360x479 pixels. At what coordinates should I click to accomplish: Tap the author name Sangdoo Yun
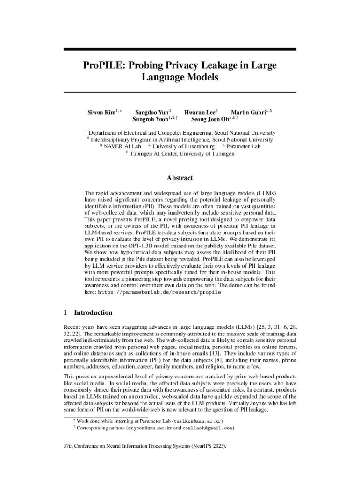151,112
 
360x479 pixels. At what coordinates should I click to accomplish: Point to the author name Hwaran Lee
200,112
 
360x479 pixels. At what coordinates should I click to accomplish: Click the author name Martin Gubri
248,112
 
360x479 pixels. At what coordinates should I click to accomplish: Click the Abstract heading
180,178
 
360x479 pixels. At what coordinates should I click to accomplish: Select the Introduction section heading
93,312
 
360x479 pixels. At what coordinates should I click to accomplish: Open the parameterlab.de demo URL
159,292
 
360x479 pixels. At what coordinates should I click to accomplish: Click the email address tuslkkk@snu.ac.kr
198,421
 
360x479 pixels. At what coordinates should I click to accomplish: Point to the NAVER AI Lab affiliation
122,146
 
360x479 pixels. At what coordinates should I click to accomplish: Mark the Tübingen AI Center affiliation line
182,153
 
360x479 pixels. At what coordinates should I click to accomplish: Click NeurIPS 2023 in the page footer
202,447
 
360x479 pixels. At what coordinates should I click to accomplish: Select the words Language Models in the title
180,77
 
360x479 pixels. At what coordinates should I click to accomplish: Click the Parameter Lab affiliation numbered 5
244,146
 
